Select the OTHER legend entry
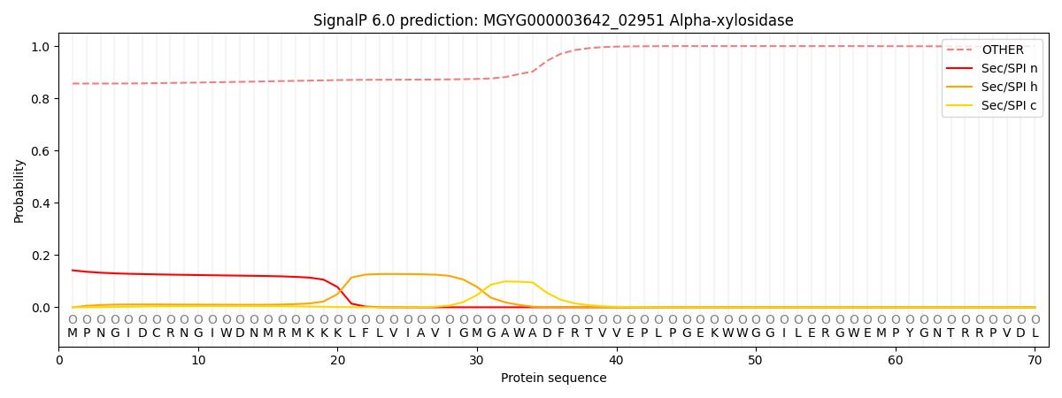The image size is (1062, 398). tap(1002, 50)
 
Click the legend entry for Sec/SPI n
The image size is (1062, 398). tap(1002, 69)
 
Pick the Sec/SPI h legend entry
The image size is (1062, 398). tap(1002, 88)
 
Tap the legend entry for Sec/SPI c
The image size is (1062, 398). tap(1002, 106)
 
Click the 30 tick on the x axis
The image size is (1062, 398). tap(477, 360)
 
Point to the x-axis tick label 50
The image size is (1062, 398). tap(756, 360)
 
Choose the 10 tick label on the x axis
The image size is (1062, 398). tap(198, 360)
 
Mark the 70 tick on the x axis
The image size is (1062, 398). tap(1035, 360)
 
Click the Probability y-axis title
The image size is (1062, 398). tap(19, 190)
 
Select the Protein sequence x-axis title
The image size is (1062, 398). tap(554, 379)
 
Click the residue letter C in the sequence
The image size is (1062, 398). tap(157, 333)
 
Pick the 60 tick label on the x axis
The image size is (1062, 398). tap(896, 360)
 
